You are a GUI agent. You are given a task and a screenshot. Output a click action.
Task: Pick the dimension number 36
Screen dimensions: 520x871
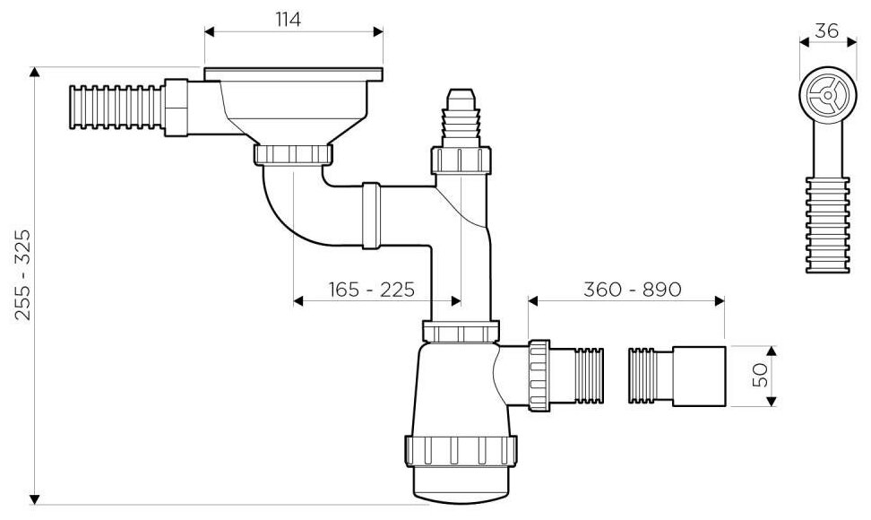826,29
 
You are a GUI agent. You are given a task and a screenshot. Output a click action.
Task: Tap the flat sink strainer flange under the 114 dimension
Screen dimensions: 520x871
294,71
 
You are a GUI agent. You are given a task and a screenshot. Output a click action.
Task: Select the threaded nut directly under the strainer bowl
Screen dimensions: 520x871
294,154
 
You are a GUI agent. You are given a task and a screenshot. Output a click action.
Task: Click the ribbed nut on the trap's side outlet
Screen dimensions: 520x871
539,375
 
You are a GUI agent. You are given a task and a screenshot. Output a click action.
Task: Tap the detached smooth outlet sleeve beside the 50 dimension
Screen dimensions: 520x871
700,374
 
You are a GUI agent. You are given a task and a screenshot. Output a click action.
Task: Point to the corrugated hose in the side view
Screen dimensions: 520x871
824,224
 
